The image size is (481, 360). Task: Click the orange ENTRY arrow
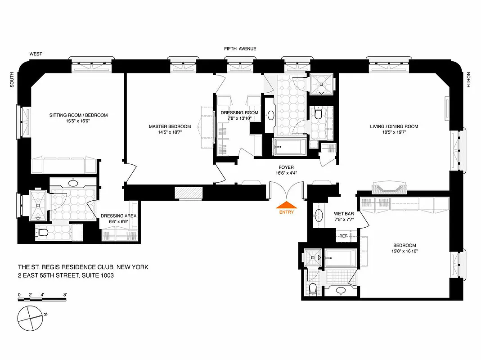click(286, 205)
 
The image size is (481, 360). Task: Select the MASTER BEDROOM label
click(170, 126)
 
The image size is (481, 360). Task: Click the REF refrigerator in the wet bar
click(343, 236)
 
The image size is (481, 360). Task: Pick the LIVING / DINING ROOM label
click(394, 126)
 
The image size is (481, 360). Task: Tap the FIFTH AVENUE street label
click(240, 49)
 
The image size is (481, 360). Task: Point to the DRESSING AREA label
click(118, 216)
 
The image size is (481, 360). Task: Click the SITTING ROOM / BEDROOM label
click(78, 115)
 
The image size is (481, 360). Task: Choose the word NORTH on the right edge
click(468, 80)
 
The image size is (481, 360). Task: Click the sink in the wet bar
click(319, 214)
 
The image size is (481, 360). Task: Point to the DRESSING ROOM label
click(239, 112)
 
